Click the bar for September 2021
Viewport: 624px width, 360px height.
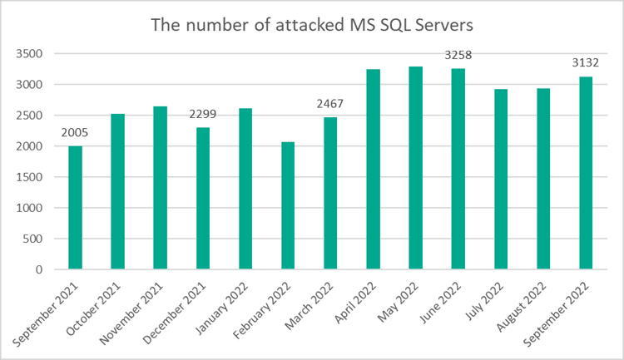click(x=76, y=208)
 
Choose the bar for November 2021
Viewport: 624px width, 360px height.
click(x=161, y=188)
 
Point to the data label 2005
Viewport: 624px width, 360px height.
click(x=76, y=134)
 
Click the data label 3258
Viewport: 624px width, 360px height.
click(x=458, y=57)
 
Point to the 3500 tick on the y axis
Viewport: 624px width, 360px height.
click(x=30, y=54)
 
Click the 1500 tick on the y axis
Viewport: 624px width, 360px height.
click(x=30, y=177)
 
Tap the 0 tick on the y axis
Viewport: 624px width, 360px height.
click(x=40, y=269)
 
